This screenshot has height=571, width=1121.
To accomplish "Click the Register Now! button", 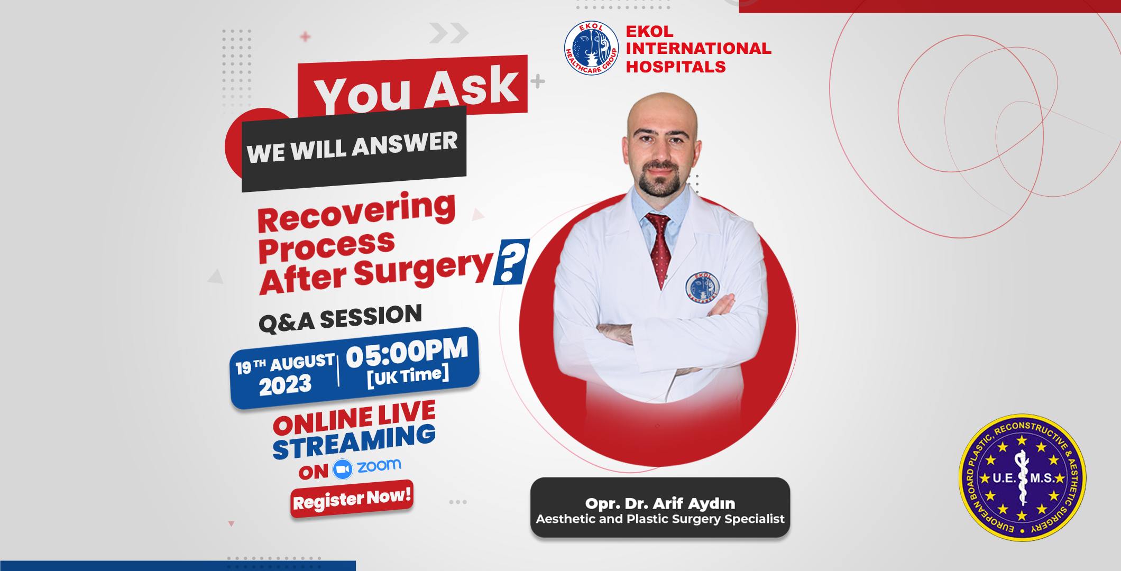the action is point(352,499).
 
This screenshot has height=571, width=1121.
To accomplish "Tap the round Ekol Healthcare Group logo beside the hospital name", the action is point(591,48).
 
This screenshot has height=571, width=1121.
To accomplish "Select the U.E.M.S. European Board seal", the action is point(1022,477).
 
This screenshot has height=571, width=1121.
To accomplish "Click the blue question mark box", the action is point(511,262).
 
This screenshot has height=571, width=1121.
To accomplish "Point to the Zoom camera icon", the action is point(342,469).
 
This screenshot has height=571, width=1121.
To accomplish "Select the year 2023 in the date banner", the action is point(285,384).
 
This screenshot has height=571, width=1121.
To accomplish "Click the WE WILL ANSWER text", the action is point(352,147).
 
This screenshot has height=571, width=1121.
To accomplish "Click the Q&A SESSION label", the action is point(340,318).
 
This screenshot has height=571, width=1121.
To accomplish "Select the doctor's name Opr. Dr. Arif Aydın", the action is point(660,503).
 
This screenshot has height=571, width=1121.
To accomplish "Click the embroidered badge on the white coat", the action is point(702,287).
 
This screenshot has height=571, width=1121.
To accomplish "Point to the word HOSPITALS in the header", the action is point(676,67).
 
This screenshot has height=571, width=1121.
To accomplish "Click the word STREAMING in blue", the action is point(354,442).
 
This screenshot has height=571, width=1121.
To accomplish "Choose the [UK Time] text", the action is point(408,376).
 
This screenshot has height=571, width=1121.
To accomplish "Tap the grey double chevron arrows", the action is point(449,33).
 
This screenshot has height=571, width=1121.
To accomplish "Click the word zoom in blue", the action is point(379,466).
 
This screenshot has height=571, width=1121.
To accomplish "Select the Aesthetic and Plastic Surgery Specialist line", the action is point(660,519).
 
